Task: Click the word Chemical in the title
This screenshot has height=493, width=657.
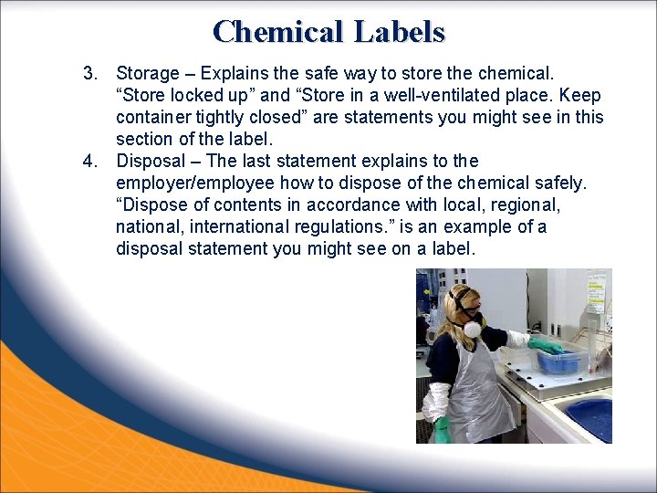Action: pos(278,32)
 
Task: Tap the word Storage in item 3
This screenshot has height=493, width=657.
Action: pos(148,72)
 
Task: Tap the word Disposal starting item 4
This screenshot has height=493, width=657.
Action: pos(151,161)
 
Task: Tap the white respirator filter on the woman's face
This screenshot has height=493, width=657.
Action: pos(472,329)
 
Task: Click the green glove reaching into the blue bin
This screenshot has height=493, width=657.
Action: pos(546,346)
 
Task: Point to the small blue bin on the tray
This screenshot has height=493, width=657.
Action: pos(559,362)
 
